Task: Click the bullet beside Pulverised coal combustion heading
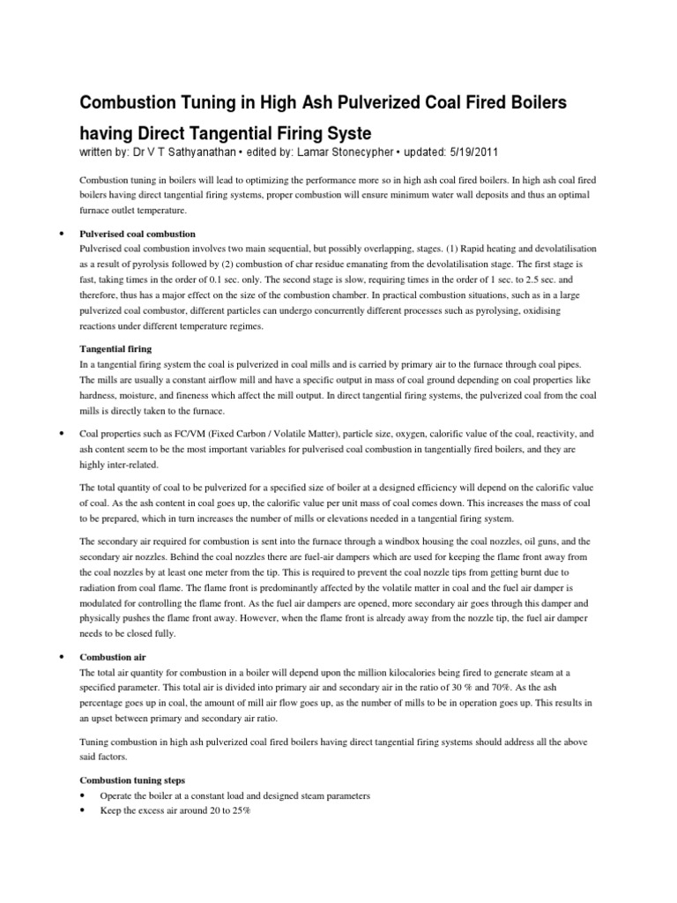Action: pyautogui.click(x=60, y=235)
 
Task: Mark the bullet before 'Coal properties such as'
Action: pyautogui.click(x=60, y=435)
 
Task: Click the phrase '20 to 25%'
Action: pyautogui.click(x=227, y=810)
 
